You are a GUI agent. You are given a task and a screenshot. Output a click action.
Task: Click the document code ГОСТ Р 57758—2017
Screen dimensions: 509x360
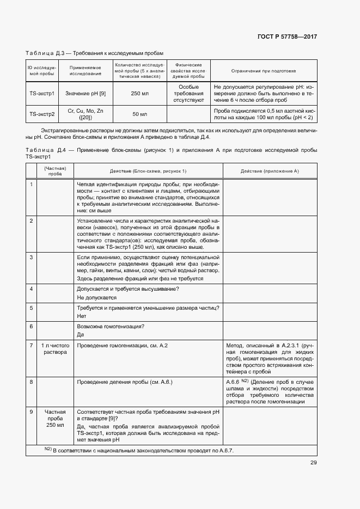point(286,36)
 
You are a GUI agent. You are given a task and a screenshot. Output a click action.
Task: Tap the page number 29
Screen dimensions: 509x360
point(313,463)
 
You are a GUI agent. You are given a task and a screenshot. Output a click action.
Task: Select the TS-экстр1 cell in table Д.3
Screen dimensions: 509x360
point(42,94)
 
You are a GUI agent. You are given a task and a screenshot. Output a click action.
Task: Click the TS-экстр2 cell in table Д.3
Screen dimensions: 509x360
point(42,114)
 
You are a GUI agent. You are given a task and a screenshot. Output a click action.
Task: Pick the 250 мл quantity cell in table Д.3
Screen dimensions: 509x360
point(139,94)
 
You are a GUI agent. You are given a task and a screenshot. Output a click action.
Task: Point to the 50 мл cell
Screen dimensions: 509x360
point(139,114)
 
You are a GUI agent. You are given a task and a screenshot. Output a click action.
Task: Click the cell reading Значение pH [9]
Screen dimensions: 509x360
point(86,94)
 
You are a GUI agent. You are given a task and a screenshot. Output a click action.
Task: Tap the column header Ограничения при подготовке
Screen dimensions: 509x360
point(263,71)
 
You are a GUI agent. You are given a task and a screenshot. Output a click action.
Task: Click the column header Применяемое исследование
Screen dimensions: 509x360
point(86,71)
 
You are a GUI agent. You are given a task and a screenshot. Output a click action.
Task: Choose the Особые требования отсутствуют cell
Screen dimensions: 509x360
point(188,94)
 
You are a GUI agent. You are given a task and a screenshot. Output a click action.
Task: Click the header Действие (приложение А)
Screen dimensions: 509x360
point(270,171)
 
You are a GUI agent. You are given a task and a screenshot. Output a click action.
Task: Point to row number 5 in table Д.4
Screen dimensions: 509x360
point(32,308)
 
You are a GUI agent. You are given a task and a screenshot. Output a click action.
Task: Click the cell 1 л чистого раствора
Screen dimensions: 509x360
point(55,349)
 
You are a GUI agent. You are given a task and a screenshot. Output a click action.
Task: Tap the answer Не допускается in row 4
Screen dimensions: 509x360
point(97,298)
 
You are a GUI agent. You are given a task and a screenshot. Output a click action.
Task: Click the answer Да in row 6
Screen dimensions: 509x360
point(81,334)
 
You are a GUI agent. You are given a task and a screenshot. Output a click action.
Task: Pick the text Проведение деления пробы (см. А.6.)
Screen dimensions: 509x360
point(125,383)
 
